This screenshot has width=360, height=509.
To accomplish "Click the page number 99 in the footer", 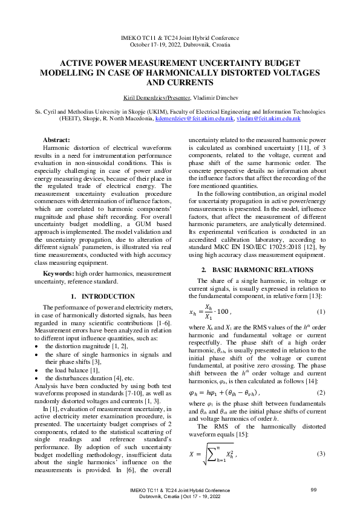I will [313, 489].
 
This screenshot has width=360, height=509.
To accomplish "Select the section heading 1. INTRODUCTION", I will [103, 296].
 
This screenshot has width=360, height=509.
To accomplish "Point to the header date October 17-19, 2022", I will [180, 44].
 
